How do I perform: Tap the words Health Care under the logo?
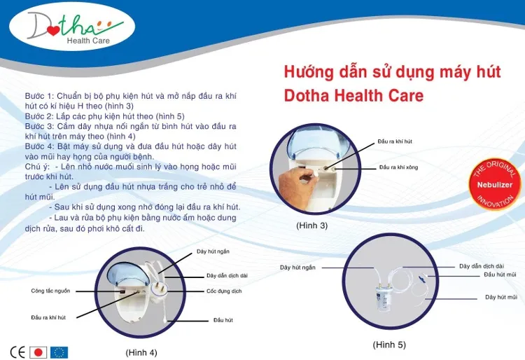[x=88, y=41]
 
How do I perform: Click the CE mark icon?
[x=17, y=352]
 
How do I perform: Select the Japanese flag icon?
[x=39, y=352]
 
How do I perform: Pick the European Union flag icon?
[x=59, y=352]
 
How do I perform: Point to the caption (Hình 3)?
[x=311, y=226]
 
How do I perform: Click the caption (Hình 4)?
[x=141, y=352]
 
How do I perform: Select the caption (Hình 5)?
[x=388, y=345]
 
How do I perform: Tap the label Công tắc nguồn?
[x=50, y=291]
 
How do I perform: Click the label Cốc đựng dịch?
[x=224, y=291]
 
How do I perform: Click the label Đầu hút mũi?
[x=500, y=275]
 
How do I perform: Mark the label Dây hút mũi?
[x=501, y=297]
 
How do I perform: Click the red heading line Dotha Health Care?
[x=353, y=95]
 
